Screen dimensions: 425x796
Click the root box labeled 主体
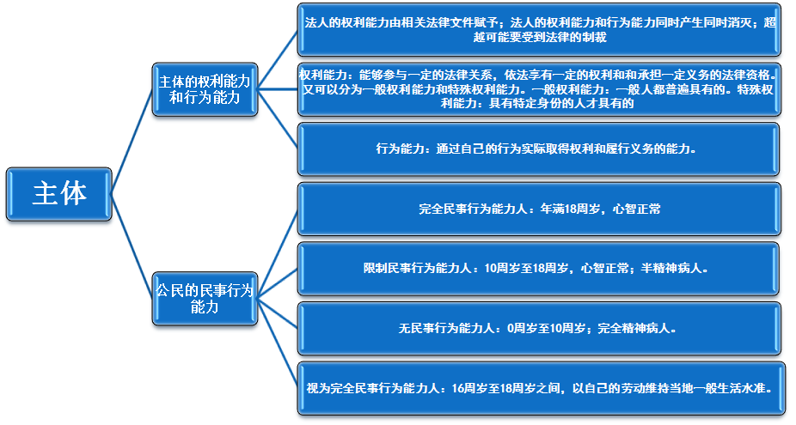(60, 192)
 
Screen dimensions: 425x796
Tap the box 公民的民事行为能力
(205, 298)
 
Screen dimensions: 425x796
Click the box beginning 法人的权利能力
(538, 29)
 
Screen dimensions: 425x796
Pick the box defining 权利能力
(538, 88)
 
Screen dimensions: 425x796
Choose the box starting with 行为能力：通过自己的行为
(538, 149)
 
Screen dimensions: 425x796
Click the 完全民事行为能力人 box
(538, 208)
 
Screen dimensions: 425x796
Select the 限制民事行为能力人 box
(538, 268)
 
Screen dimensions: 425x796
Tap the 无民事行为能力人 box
(538, 327)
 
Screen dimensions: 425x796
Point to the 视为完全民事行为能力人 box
(538, 387)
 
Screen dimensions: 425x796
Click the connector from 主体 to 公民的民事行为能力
(132, 245)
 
